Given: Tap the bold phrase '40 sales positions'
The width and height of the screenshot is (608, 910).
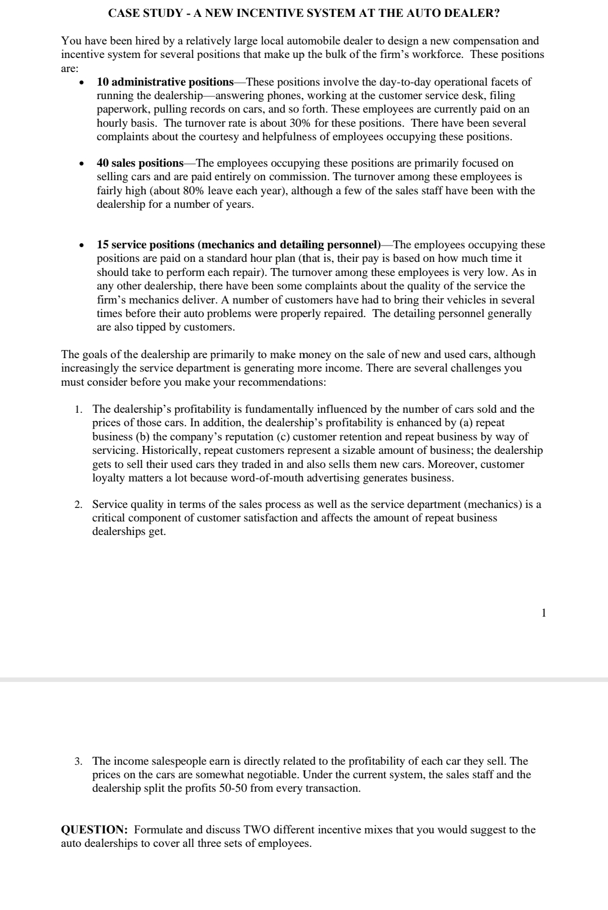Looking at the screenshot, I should (x=140, y=163).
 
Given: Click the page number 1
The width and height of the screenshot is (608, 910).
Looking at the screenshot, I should (x=543, y=613).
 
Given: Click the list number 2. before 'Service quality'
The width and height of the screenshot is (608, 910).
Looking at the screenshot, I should (x=79, y=505).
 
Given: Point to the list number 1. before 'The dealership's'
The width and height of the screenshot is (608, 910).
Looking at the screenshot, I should (x=79, y=409).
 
